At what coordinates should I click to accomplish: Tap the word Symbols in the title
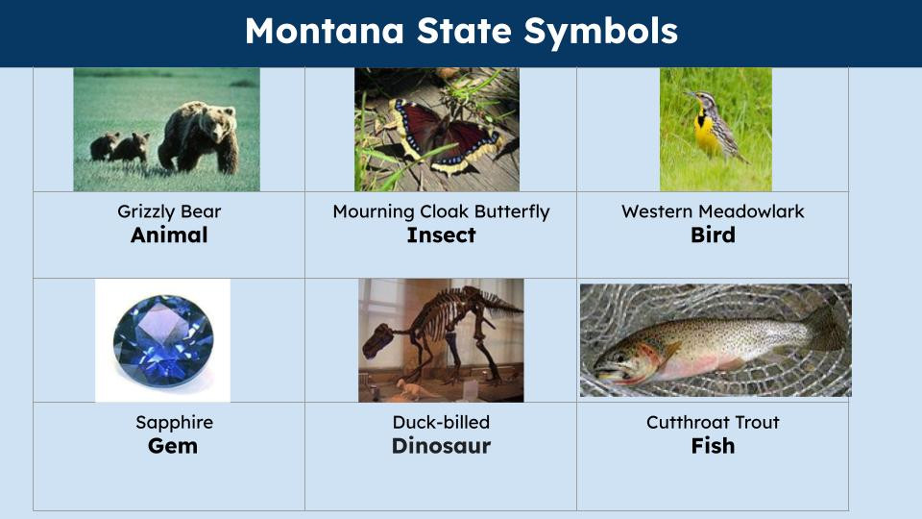click(600, 32)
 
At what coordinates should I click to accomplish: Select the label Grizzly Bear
click(169, 211)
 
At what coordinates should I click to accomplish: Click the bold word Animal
click(169, 235)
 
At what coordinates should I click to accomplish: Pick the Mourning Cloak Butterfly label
click(441, 211)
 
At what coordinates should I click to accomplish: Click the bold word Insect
click(441, 235)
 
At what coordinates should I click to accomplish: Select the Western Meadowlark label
click(713, 211)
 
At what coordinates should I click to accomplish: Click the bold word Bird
click(713, 235)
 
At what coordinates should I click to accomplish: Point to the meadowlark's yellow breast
click(707, 132)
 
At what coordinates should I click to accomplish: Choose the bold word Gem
click(173, 446)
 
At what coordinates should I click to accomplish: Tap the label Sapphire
click(174, 423)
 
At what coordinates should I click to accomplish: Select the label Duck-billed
click(441, 423)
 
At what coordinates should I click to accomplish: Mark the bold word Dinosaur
click(441, 446)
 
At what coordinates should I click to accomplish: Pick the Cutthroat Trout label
click(713, 423)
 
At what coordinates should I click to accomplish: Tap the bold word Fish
click(713, 446)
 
